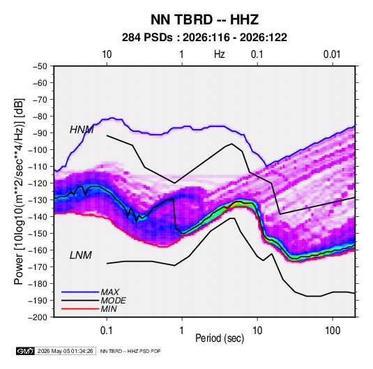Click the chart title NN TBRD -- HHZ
[x=204, y=20]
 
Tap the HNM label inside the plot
[x=82, y=130]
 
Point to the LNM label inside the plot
[x=81, y=255]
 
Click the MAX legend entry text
[x=110, y=292]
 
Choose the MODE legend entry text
[x=113, y=301]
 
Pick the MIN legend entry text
[x=109, y=309]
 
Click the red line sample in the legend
[x=80, y=309]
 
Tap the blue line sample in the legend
[x=80, y=292]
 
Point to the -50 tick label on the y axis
[x=40, y=66]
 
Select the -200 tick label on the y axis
[x=38, y=317]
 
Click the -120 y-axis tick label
[x=38, y=183]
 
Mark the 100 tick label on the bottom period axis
[x=333, y=331]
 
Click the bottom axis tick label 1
[x=182, y=331]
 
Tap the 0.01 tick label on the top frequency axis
[x=332, y=54]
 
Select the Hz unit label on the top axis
[x=220, y=54]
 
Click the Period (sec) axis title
[x=220, y=338]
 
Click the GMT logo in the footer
[x=26, y=351]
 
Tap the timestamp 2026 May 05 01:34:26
[x=65, y=351]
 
